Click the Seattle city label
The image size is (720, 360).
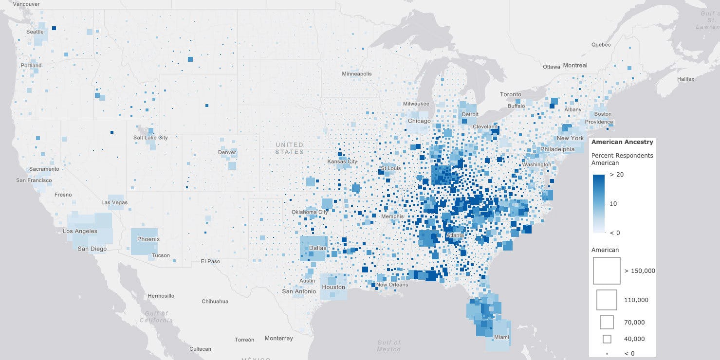pos(35,32)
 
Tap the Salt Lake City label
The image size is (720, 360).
pos(150,138)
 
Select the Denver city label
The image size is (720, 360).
pos(227,152)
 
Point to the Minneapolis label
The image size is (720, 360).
pos(356,74)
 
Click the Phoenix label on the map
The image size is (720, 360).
pos(148,239)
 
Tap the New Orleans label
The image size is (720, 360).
pos(392,285)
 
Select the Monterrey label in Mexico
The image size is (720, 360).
pos(279,338)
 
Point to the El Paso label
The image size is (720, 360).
pos(210,261)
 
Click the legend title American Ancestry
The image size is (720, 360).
pos(622,142)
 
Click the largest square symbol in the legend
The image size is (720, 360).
pos(606,270)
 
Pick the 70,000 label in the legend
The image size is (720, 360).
pos(635,322)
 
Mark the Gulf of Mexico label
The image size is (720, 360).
pos(388,346)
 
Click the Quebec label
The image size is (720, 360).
pos(601,44)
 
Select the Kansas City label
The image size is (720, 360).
pos(342,162)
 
